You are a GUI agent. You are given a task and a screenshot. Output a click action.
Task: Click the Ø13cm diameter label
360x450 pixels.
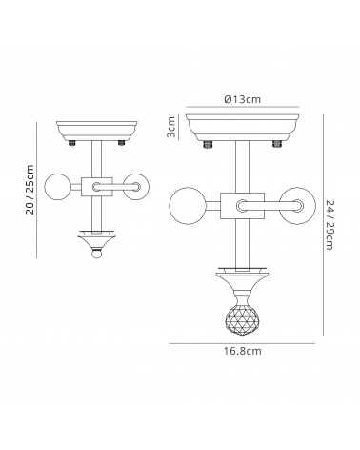[242, 99]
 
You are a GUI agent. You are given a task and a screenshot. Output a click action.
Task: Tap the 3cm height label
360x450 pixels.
[171, 127]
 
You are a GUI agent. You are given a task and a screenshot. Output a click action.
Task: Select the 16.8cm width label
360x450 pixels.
[243, 351]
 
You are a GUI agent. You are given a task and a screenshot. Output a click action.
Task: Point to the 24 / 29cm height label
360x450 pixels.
[330, 225]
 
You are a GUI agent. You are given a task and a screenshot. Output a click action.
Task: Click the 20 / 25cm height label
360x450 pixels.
[30, 190]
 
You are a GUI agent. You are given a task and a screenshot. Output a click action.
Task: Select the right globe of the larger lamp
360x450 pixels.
[297, 206]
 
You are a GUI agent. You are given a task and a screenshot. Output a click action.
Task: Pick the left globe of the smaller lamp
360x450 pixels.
[59, 187]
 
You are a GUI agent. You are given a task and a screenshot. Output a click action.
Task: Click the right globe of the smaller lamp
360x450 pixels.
[136, 187]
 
